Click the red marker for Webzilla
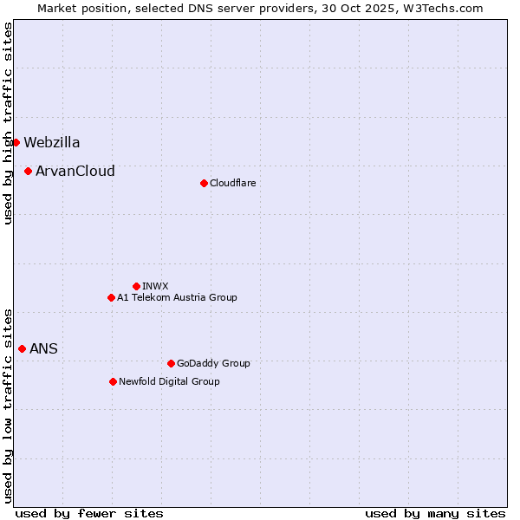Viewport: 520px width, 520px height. click(x=16, y=142)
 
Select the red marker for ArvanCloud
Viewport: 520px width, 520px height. click(x=29, y=171)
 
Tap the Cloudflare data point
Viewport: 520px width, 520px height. click(x=204, y=183)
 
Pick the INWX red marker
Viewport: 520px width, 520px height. click(x=136, y=286)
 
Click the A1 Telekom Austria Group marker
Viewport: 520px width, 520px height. click(x=111, y=297)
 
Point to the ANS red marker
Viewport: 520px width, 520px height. click(x=23, y=348)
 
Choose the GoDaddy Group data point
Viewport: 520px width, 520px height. click(x=171, y=363)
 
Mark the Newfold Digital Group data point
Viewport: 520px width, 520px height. click(x=114, y=381)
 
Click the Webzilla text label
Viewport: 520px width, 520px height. click(x=52, y=143)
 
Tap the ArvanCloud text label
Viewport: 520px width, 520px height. click(x=75, y=172)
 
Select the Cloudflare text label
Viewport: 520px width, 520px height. click(x=232, y=184)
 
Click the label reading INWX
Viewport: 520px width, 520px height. click(x=155, y=287)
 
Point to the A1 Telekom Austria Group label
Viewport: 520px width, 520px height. click(x=177, y=298)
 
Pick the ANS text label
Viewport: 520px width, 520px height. click(x=43, y=349)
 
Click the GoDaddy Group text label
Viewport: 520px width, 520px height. click(x=213, y=364)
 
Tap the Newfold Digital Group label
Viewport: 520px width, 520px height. click(x=169, y=382)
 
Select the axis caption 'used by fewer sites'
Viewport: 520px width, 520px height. click(x=89, y=513)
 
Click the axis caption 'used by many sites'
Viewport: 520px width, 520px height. click(x=435, y=513)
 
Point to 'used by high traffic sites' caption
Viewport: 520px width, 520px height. click(x=8, y=123)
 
